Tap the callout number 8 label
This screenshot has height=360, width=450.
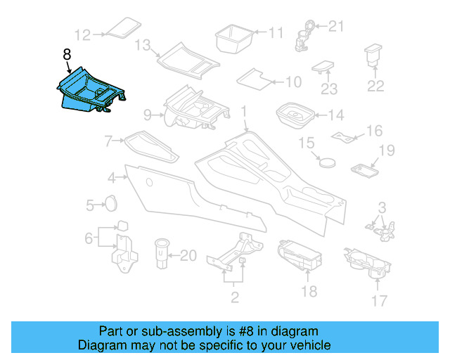tap(67, 53)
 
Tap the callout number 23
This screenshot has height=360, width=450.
tap(330, 89)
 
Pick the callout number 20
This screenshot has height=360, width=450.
tap(188, 256)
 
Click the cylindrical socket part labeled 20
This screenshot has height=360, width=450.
tap(161, 253)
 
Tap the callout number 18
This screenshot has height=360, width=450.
tap(309, 291)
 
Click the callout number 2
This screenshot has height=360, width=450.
tap(235, 297)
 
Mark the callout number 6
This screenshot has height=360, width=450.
tap(89, 238)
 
